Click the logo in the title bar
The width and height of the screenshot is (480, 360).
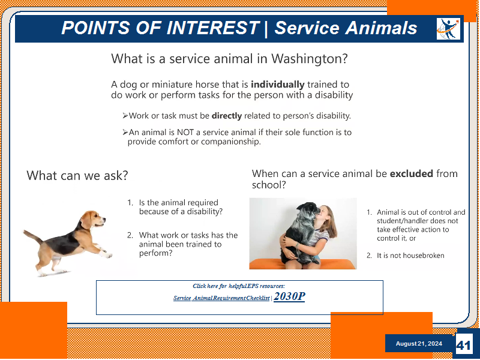coord(448,29)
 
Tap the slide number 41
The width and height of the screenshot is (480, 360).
coord(463,346)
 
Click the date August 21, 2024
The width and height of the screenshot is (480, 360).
coord(419,343)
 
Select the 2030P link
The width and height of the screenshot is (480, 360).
coord(289,296)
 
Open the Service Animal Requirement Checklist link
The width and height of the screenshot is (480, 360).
coord(221,298)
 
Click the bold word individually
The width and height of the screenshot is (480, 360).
coord(277,85)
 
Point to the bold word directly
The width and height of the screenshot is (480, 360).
coord(227,116)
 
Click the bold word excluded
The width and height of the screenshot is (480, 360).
coord(411,173)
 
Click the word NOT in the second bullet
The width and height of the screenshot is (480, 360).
coord(185,132)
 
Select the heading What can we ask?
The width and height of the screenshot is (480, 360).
coord(77,175)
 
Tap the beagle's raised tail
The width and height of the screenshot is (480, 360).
coord(32,236)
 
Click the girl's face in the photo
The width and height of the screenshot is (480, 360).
coord(323,215)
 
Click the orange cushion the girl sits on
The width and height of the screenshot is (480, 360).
coord(303,264)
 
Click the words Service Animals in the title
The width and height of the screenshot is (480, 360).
coord(346,28)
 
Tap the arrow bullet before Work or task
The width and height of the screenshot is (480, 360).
coord(125,116)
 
